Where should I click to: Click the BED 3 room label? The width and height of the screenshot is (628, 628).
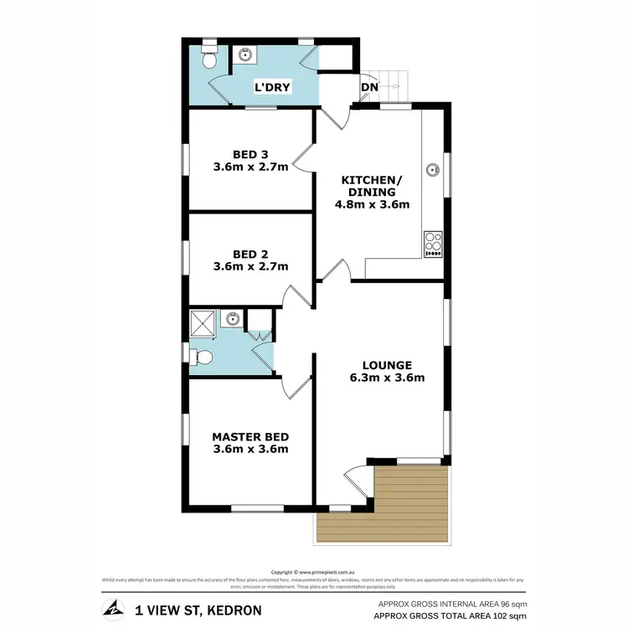click(x=251, y=153)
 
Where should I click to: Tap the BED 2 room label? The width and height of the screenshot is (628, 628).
click(x=251, y=253)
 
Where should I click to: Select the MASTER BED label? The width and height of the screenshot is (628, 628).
click(x=250, y=436)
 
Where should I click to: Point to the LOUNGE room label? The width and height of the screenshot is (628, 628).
click(x=387, y=364)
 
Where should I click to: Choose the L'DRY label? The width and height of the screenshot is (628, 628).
click(x=272, y=87)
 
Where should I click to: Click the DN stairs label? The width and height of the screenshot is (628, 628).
click(x=369, y=86)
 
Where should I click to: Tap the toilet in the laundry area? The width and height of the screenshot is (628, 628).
click(x=210, y=61)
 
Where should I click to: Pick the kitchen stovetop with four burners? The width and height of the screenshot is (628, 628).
click(x=434, y=244)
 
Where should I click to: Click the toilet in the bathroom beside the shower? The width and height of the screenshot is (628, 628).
click(x=201, y=358)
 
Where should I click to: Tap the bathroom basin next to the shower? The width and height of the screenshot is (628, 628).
click(x=234, y=319)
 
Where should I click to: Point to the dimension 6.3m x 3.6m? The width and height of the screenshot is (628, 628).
click(x=387, y=378)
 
